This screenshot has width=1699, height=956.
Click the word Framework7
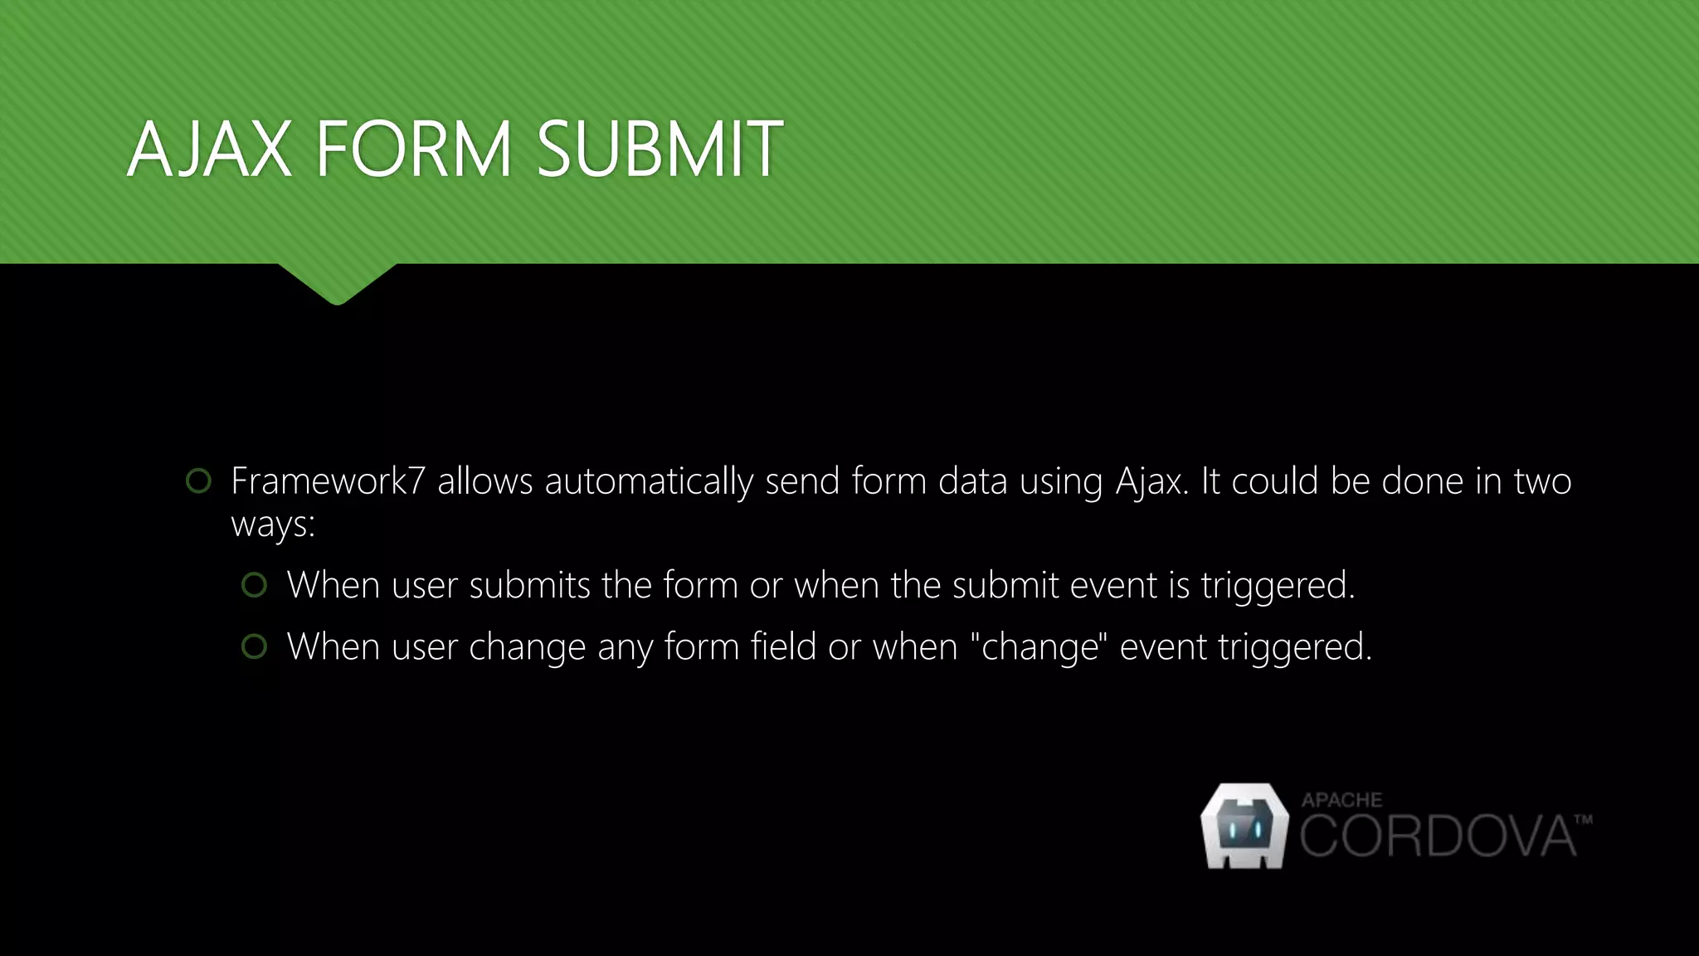[x=328, y=481]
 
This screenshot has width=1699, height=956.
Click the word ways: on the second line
[x=273, y=525]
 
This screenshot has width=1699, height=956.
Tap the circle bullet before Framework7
[x=198, y=480]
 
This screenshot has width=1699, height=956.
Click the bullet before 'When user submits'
[x=254, y=585]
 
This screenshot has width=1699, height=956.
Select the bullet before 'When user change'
[x=254, y=646]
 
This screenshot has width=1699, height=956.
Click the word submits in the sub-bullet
[x=529, y=586]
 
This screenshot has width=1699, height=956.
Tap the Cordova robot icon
[x=1244, y=827]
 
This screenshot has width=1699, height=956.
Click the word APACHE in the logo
[x=1341, y=800]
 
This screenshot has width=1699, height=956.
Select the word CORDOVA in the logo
[x=1437, y=836]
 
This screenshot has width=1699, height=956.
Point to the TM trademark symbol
[x=1583, y=820]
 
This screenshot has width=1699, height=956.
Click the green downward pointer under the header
[x=337, y=284]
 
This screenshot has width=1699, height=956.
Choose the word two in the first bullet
[x=1542, y=481]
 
